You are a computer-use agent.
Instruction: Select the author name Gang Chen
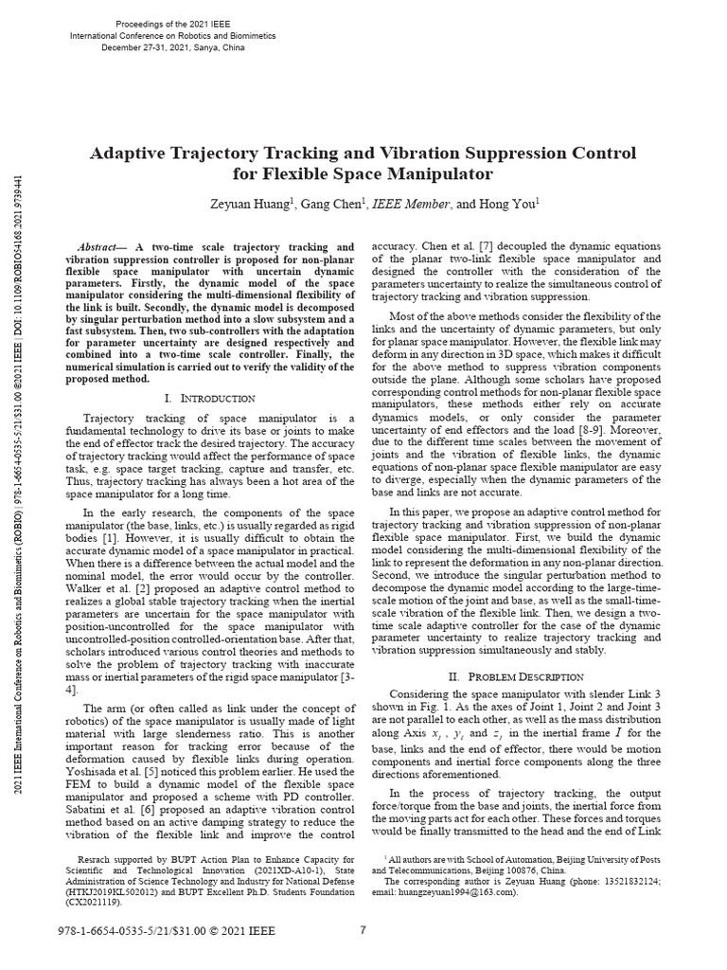pyautogui.click(x=335, y=203)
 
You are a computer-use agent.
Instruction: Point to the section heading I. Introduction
pyautogui.click(x=209, y=399)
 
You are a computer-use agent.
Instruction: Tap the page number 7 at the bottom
pyautogui.click(x=363, y=929)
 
